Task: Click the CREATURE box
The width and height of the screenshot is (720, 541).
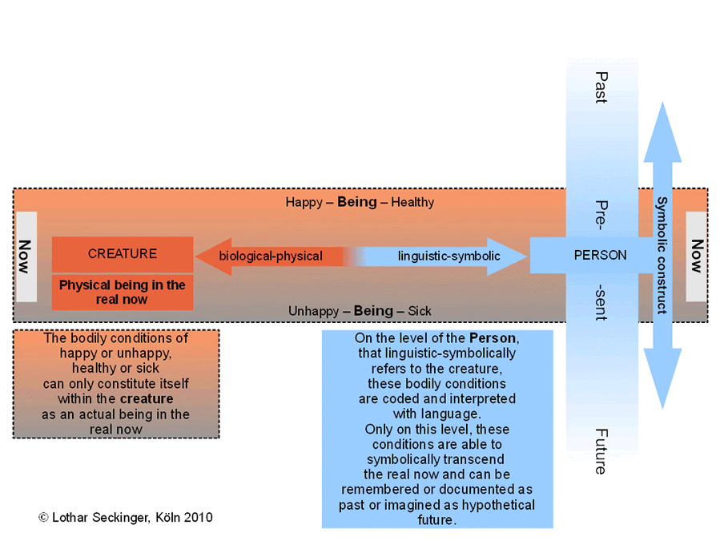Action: [123, 254]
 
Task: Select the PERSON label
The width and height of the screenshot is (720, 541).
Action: [600, 255]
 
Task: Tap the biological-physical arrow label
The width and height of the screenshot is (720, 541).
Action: [271, 256]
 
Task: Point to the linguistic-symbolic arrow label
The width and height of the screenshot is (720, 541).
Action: [448, 256]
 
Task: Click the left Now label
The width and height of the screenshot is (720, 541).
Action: [25, 256]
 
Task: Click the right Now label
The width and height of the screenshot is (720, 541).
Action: [697, 256]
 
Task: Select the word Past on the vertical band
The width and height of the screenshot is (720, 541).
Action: [601, 87]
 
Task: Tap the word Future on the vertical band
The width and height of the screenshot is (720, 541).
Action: [601, 451]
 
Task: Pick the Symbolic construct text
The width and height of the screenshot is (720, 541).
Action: [662, 256]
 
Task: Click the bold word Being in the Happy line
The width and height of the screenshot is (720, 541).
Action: [356, 202]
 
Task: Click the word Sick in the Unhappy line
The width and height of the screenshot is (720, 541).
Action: [419, 311]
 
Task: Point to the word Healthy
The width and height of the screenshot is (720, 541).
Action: [412, 202]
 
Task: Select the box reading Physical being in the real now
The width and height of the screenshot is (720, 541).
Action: [123, 293]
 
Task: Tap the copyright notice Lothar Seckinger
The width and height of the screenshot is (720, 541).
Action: [126, 518]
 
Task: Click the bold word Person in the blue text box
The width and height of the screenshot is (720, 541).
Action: [493, 338]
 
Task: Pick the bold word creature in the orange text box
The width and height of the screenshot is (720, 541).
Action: [147, 398]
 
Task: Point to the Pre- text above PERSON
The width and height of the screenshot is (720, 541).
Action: [601, 215]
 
